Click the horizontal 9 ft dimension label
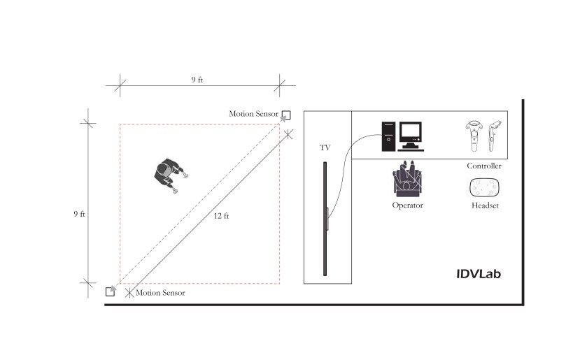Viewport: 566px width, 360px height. coord(197,80)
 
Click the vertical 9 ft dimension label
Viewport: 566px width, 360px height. coord(79,214)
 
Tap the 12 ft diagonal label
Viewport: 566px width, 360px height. coord(221,216)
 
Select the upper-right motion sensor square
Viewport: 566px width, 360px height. coord(286,114)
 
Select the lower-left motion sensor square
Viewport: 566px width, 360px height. coord(110,291)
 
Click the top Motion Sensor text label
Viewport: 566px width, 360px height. coord(254,114)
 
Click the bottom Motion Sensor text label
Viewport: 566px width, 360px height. coord(160,293)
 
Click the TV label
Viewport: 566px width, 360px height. coord(325,148)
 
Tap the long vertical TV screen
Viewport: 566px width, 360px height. coord(325,218)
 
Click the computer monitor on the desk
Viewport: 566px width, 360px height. coord(411,134)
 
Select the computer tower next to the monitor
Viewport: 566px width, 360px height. coord(388,136)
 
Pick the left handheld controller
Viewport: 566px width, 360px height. coord(473,136)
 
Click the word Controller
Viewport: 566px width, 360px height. coord(484,166)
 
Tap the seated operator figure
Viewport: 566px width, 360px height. coord(408,180)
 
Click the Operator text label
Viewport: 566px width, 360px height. coord(408,206)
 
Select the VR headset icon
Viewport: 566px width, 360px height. coord(484,188)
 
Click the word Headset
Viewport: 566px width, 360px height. coord(484,206)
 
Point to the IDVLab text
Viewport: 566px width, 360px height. coord(478,274)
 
